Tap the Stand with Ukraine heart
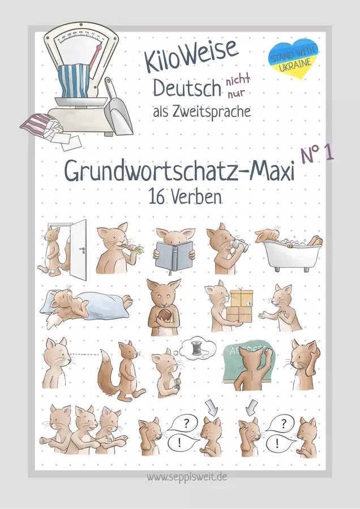click(x=293, y=58)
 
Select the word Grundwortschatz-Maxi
click(x=179, y=171)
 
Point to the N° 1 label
click(x=318, y=152)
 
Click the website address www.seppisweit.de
click(x=187, y=477)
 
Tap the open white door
click(x=78, y=249)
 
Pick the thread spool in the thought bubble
click(x=197, y=348)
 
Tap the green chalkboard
click(x=248, y=360)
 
